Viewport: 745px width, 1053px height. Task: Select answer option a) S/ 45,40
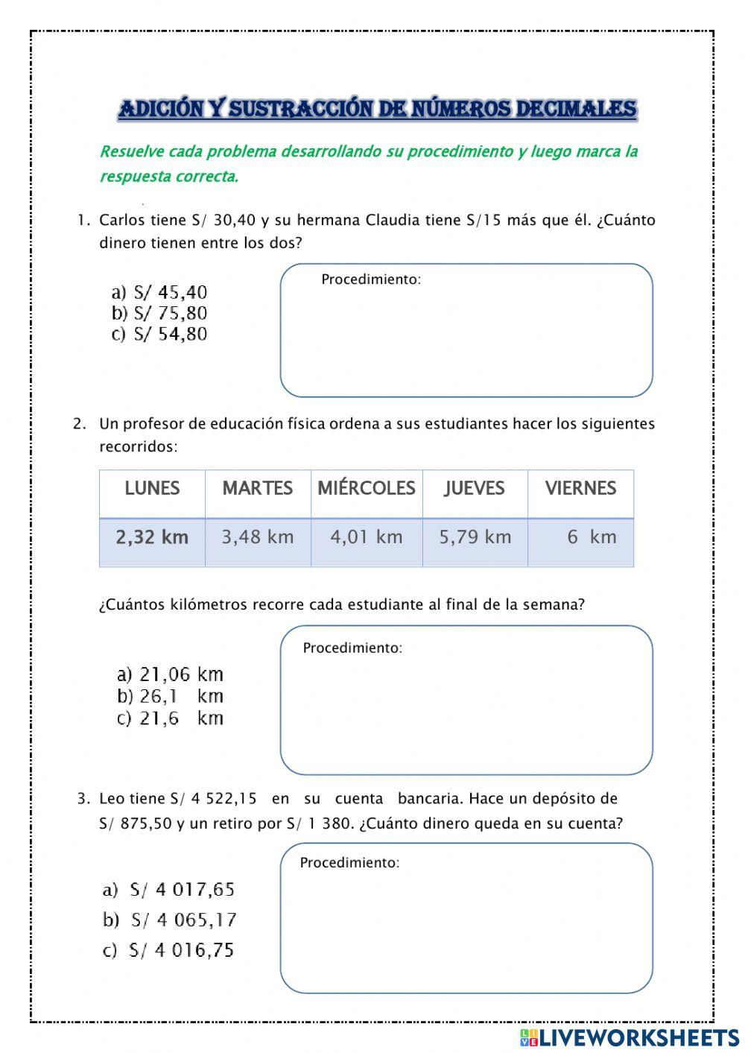coord(159,292)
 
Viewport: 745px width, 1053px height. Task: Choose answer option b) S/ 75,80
coord(159,313)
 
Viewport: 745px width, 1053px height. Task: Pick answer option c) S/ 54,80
coord(159,334)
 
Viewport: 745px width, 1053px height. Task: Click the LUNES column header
coord(152,488)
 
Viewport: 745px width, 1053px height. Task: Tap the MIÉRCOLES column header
coord(366,488)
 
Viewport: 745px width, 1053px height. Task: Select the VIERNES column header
coord(580,488)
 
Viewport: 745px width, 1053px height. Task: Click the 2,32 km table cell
coord(152,537)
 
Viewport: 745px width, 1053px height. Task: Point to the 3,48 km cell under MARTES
coord(258,537)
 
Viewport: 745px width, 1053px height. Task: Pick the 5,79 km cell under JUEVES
coord(475,537)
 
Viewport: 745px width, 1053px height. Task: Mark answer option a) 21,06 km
coord(170,674)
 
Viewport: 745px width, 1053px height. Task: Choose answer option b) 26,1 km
coord(170,696)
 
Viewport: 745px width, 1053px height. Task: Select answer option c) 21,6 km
coord(170,718)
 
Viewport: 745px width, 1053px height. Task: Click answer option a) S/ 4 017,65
coord(169,889)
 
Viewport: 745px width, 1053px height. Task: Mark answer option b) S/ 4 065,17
coord(170,920)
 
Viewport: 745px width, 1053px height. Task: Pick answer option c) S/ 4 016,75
coord(168,950)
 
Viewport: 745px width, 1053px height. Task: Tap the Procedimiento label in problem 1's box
coord(371,279)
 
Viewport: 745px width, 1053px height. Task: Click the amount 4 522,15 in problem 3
coord(223,799)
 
